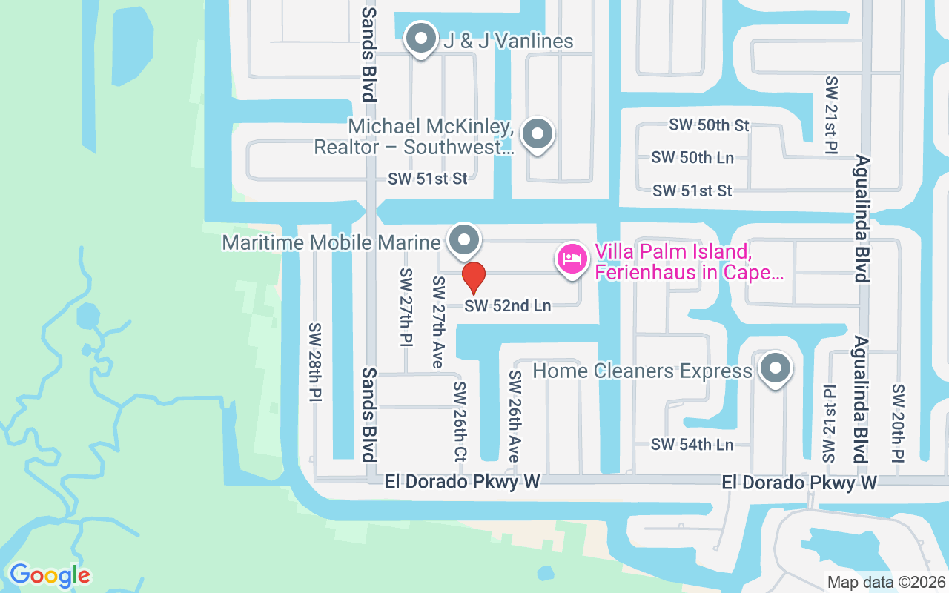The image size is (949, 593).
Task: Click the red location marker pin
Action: (x=474, y=277)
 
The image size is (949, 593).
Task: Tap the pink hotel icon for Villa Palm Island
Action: (x=572, y=259)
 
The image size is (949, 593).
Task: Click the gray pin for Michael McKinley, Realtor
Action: (x=538, y=135)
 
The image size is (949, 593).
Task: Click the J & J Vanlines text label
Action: (x=509, y=41)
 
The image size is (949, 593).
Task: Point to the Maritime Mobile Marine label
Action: (x=331, y=242)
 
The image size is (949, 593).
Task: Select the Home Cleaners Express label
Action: (x=642, y=371)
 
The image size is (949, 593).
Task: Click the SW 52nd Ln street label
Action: (x=508, y=305)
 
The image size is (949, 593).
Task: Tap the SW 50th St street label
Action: (x=709, y=125)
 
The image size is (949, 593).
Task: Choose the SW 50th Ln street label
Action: (x=692, y=157)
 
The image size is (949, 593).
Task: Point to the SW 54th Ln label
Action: (x=692, y=445)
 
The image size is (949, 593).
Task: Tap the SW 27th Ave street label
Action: (x=438, y=322)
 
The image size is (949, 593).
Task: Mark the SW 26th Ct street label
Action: (x=460, y=421)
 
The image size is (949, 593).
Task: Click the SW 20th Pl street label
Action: (x=899, y=423)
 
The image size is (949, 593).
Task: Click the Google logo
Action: (x=50, y=575)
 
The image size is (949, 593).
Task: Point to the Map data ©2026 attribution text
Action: (x=885, y=583)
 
